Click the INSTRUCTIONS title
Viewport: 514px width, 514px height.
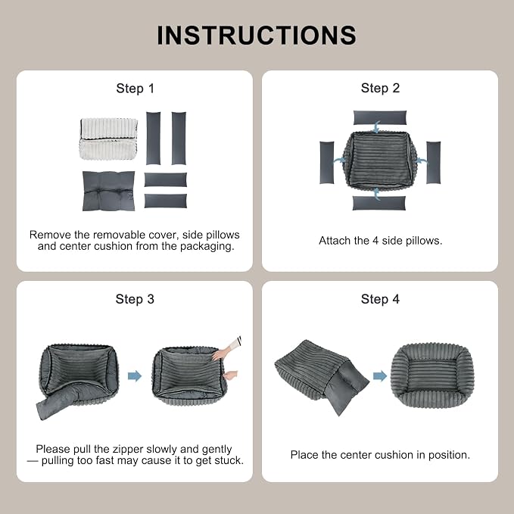click(257, 35)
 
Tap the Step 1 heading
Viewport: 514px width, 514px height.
click(135, 89)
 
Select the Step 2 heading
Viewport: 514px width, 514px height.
click(380, 88)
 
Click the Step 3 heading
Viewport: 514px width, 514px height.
click(135, 299)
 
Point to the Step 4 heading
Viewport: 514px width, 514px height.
click(380, 299)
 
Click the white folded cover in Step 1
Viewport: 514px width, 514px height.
click(108, 139)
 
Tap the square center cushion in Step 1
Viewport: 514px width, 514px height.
click(108, 191)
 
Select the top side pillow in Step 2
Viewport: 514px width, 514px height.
click(380, 117)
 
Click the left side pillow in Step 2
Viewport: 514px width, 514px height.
click(327, 163)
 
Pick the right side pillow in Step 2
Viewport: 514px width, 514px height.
click(433, 163)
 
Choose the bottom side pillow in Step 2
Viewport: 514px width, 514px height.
click(379, 203)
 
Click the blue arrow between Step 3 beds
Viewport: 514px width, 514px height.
click(135, 376)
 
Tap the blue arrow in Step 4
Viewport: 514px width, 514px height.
click(380, 376)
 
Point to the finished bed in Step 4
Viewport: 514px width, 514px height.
click(433, 375)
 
